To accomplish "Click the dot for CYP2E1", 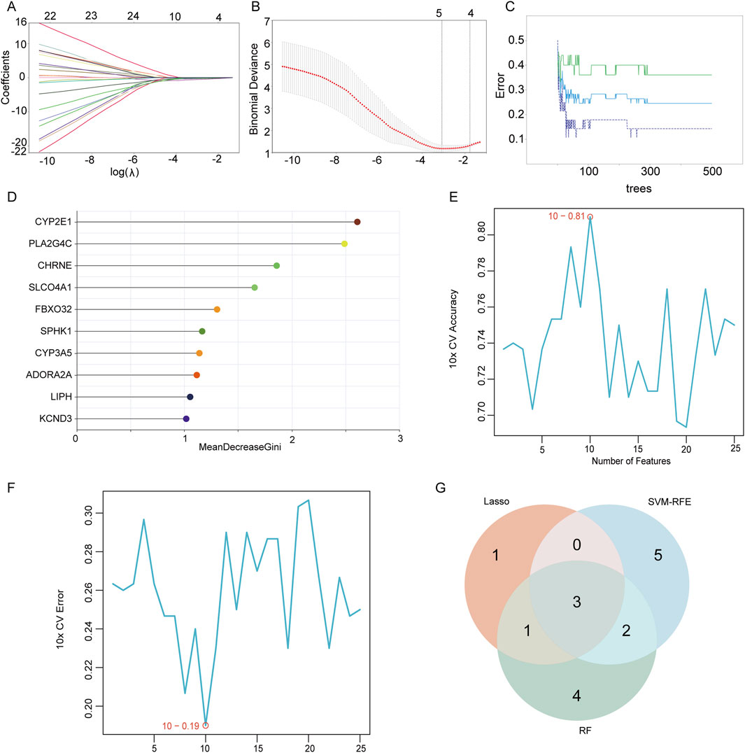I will point(357,222).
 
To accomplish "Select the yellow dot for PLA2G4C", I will point(344,244).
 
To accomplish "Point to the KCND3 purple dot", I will point(186,418).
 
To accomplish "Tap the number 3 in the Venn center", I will point(576,603).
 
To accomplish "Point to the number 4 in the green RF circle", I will point(576,696).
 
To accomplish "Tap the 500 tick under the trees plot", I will point(711,171).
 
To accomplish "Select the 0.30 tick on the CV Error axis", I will point(92,513).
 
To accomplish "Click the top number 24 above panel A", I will point(133,15).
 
